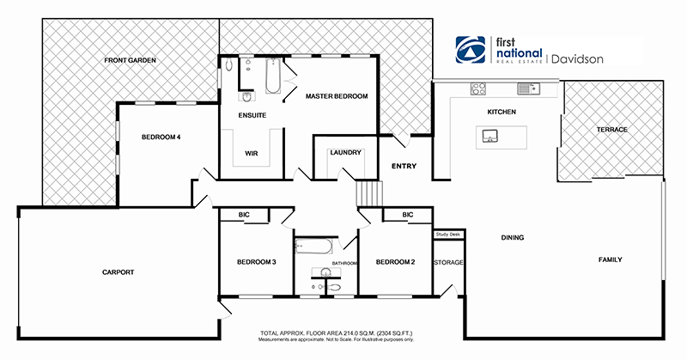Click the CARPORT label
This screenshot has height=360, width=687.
(x=115, y=272)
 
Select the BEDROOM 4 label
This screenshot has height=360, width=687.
(x=161, y=137)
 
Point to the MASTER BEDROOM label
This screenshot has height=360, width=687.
(x=337, y=97)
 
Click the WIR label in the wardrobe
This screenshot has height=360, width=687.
(x=252, y=154)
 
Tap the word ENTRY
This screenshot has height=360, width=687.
(x=404, y=166)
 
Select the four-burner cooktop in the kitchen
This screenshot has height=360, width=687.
(x=478, y=88)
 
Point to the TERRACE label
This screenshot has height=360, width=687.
(x=612, y=130)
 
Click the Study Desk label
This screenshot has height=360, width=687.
(x=448, y=234)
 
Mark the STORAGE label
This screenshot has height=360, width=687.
(x=448, y=262)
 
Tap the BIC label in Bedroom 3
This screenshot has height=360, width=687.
(x=245, y=215)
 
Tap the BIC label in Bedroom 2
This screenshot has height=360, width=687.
(x=407, y=215)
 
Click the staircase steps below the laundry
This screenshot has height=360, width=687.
(x=368, y=192)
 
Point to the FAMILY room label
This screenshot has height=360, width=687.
(x=611, y=259)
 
